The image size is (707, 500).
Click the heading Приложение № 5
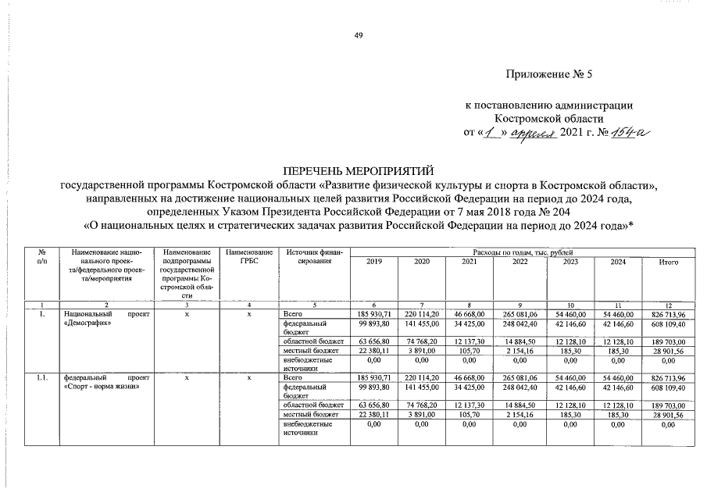tap(550, 76)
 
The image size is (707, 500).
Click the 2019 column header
tap(374, 262)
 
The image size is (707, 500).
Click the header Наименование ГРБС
tap(248, 257)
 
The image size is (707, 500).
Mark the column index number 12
tap(666, 305)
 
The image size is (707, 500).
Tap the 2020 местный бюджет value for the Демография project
tap(421, 351)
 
